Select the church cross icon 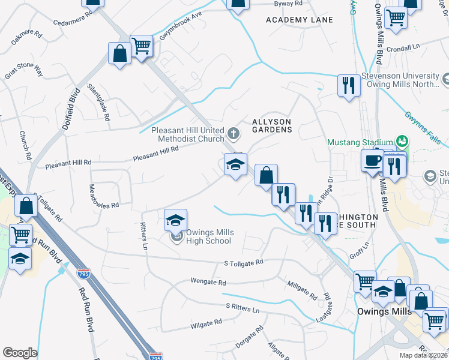(x=235, y=132)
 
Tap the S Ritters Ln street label (x=243, y=307)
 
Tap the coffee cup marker (x=372, y=160)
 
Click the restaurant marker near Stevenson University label (x=348, y=85)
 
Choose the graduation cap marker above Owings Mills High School (x=175, y=220)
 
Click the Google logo (x=20, y=353)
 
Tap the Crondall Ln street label (x=402, y=49)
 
